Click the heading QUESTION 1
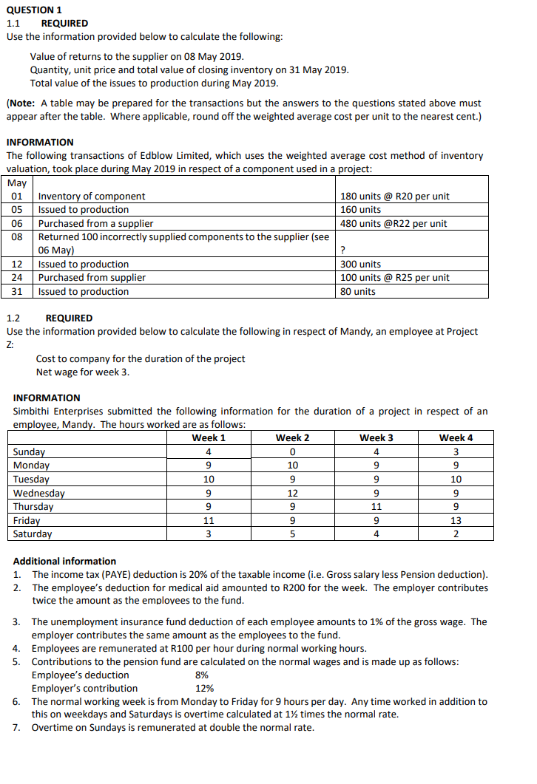[34, 10]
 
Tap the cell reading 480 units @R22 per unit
[394, 223]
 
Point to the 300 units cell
[360, 264]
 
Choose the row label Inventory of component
[92, 196]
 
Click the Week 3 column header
[376, 437]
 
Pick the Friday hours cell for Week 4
[456, 520]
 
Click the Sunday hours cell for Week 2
[293, 451]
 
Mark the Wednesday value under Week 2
[293, 493]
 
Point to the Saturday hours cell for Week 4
[456, 534]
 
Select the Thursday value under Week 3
[376, 506]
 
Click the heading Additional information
[64, 561]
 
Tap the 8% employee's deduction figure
[200, 675]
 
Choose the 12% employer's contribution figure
[203, 688]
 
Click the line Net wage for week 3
[82, 372]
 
